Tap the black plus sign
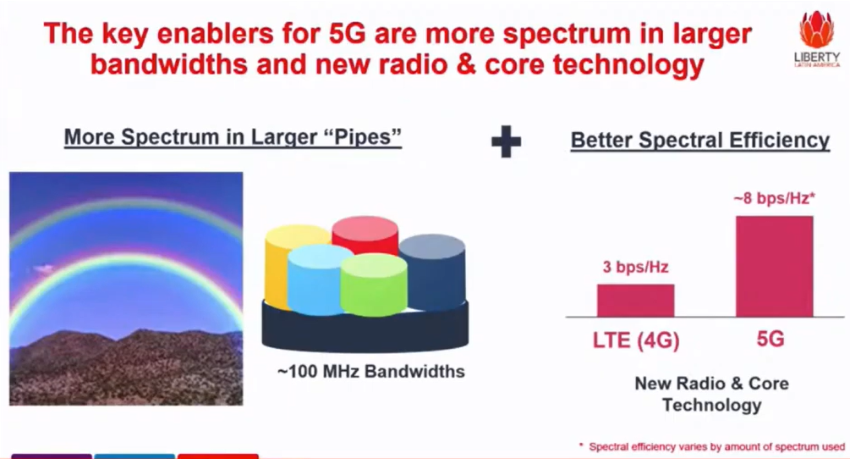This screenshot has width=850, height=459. pyautogui.click(x=506, y=141)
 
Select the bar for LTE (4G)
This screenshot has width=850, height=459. pyautogui.click(x=635, y=301)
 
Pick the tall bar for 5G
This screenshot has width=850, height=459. pyautogui.click(x=774, y=267)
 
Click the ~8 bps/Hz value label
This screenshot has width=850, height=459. pyautogui.click(x=774, y=198)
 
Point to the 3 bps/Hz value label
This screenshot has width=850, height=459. pyautogui.click(x=635, y=267)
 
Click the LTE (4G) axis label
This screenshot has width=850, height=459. pyautogui.click(x=636, y=340)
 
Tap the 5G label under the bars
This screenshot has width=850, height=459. pyautogui.click(x=770, y=339)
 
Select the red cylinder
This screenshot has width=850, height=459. pyautogui.click(x=365, y=235)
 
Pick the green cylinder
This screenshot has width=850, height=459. pyautogui.click(x=374, y=285)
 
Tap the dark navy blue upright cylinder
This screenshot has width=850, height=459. pyautogui.click(x=432, y=272)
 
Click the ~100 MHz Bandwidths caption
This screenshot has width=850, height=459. pyautogui.click(x=370, y=372)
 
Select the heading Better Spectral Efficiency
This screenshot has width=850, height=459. pyautogui.click(x=699, y=141)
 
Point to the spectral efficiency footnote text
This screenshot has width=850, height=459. pyautogui.click(x=712, y=446)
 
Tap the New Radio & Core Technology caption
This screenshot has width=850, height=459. pyautogui.click(x=712, y=394)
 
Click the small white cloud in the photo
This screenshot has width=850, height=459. pyautogui.click(x=43, y=268)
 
